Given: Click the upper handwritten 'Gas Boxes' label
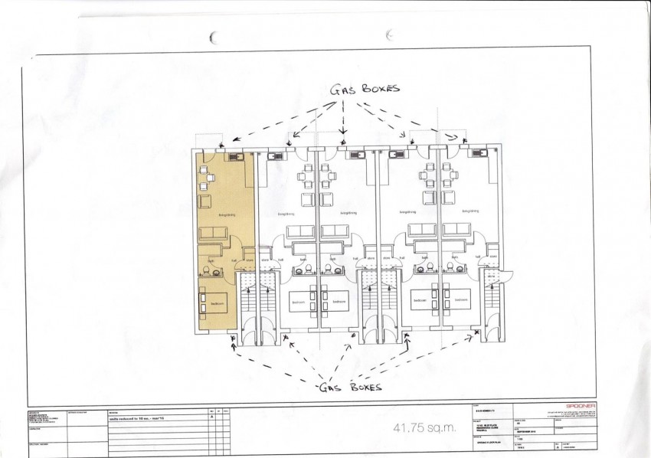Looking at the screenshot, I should (365, 89).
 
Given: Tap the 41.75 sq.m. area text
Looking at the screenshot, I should (424, 427).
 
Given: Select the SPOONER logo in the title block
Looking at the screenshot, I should (578, 407).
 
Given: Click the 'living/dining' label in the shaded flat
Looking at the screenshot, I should (226, 214).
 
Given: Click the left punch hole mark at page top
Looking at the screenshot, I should (214, 37).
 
